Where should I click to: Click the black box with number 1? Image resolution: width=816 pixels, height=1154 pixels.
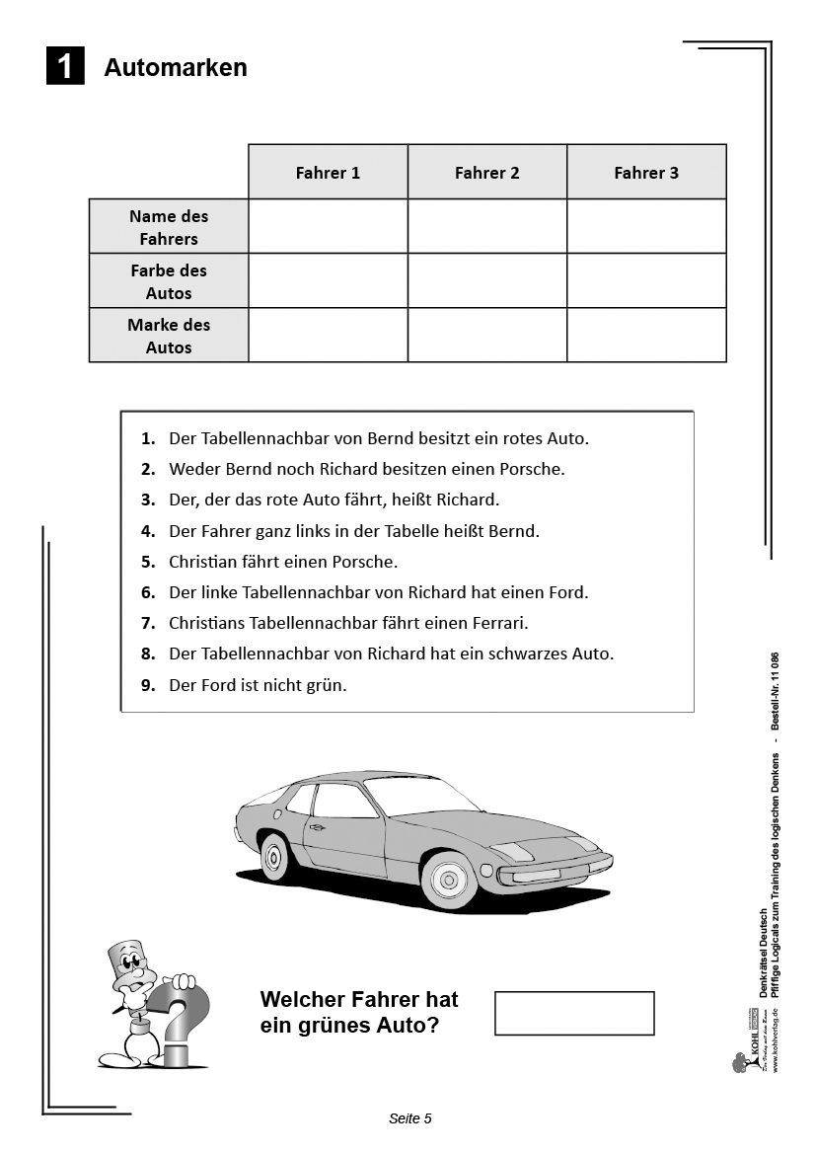pyautogui.click(x=65, y=66)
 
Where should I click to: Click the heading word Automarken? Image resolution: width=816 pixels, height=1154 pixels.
pyautogui.click(x=176, y=67)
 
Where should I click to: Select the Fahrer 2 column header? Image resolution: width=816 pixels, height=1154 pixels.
pyautogui.click(x=486, y=173)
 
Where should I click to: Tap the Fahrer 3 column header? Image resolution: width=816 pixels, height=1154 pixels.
pyautogui.click(x=646, y=173)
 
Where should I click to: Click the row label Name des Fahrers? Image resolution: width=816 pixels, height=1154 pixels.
pyautogui.click(x=169, y=227)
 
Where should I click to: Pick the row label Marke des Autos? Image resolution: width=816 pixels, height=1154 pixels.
pyautogui.click(x=169, y=336)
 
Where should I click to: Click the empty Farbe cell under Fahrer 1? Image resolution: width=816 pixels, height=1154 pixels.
pyautogui.click(x=328, y=281)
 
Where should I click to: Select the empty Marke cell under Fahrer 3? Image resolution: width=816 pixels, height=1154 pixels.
pyautogui.click(x=646, y=336)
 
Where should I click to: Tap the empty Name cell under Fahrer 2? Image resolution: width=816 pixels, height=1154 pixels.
pyautogui.click(x=486, y=227)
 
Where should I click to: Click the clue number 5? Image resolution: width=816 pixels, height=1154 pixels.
pyautogui.click(x=148, y=562)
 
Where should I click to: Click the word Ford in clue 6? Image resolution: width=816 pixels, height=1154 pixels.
pyautogui.click(x=567, y=592)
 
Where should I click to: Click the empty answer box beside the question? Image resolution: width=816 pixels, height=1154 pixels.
pyautogui.click(x=574, y=1013)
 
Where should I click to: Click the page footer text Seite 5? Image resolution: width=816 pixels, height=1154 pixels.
pyautogui.click(x=410, y=1118)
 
